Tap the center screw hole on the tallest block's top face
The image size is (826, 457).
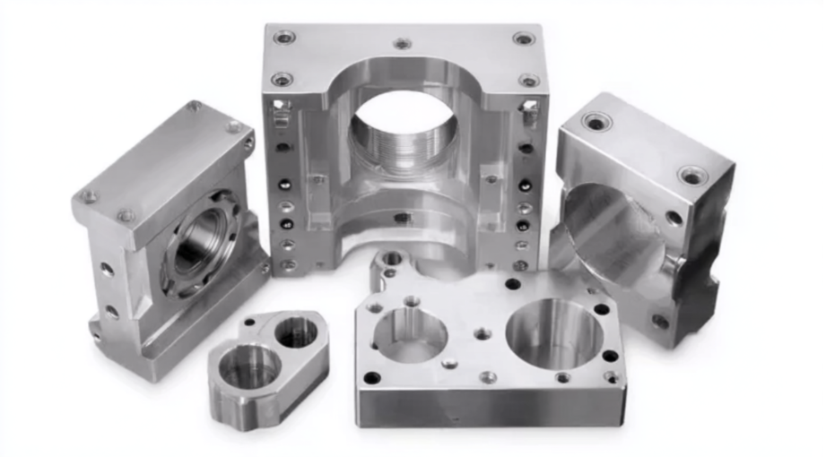click(403, 42)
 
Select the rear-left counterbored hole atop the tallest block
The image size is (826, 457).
click(284, 37)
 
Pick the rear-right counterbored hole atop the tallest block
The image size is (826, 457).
click(524, 38)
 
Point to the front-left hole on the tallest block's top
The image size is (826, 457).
click(282, 79)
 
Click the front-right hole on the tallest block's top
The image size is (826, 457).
click(529, 80)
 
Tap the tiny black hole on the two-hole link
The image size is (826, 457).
click(249, 321)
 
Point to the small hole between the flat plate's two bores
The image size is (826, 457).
click(483, 333)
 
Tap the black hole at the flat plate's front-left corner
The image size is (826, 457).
click(371, 377)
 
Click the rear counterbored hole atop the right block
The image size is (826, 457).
click(596, 121)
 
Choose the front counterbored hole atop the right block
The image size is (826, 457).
click(692, 175)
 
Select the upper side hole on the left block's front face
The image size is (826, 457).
click(107, 269)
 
